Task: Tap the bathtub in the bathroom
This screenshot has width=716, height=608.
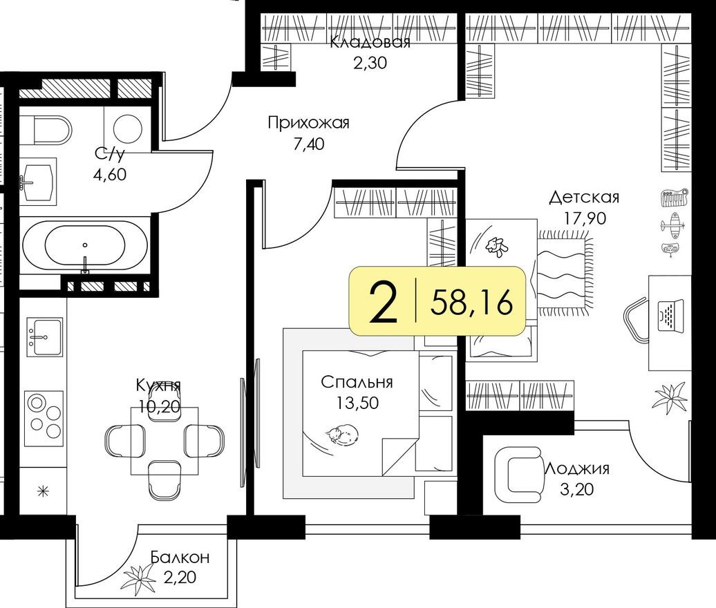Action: pyautogui.click(x=84, y=245)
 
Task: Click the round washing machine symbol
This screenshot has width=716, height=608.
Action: pyautogui.click(x=127, y=129)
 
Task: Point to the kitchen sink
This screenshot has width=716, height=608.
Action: pyautogui.click(x=44, y=336)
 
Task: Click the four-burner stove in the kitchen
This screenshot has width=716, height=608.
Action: pyautogui.click(x=44, y=416)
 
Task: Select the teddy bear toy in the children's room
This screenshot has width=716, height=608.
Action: pyautogui.click(x=496, y=246)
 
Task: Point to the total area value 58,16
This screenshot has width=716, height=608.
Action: pyautogui.click(x=472, y=303)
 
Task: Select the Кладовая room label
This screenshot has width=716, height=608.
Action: pyautogui.click(x=370, y=43)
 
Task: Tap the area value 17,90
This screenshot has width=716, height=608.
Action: pyautogui.click(x=585, y=219)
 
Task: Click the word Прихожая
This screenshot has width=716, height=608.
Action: pyautogui.click(x=308, y=123)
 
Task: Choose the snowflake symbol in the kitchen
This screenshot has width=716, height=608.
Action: pyautogui.click(x=43, y=492)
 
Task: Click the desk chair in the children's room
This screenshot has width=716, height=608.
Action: pyautogui.click(x=636, y=321)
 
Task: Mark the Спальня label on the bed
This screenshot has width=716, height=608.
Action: pyautogui.click(x=357, y=382)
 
